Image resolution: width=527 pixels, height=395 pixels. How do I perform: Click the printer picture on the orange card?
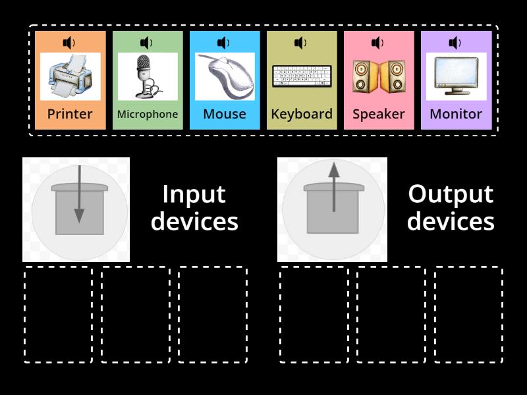[70, 76]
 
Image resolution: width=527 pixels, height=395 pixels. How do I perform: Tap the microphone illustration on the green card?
[147, 76]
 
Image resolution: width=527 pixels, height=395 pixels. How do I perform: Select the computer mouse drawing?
[225, 76]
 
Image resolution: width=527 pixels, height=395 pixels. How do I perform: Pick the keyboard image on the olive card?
[302, 76]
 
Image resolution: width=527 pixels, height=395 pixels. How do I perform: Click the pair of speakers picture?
[379, 76]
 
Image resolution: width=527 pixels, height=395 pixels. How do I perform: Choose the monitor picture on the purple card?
[456, 76]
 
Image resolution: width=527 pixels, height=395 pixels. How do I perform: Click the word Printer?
[70, 114]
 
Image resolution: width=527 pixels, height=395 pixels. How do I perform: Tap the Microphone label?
[147, 114]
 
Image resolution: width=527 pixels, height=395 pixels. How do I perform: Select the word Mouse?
[225, 114]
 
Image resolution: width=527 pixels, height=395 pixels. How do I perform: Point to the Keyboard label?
[302, 114]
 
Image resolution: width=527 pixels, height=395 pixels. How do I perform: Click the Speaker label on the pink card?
[379, 114]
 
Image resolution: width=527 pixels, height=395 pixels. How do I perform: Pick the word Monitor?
[456, 114]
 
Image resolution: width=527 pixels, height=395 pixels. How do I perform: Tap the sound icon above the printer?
[69, 43]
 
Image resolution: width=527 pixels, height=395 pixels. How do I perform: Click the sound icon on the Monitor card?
[455, 43]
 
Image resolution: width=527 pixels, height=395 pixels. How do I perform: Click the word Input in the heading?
[194, 194]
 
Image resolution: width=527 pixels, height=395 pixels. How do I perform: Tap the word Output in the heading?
[451, 194]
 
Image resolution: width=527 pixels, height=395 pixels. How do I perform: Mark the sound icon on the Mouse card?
[223, 43]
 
